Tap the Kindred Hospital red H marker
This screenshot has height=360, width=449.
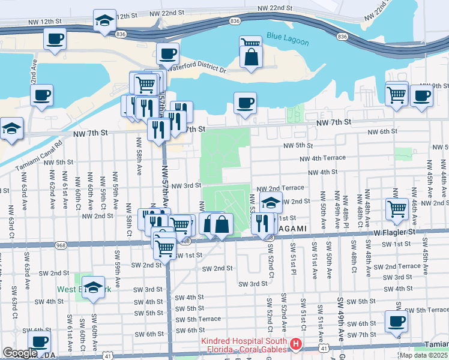click(295, 344)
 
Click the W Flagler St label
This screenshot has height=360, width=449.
click(394, 231)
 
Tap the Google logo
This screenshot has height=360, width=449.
click(20, 353)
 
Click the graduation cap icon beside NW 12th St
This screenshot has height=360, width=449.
click(104, 20)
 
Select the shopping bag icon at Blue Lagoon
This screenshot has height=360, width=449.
click(251, 57)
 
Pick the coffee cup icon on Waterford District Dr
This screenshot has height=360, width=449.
click(167, 53)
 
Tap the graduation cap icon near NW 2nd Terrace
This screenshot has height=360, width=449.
click(271, 203)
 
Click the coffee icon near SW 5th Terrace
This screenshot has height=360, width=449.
click(396, 321)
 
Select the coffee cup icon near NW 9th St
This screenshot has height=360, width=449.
click(421, 95)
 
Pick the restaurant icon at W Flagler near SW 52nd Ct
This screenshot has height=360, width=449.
click(262, 223)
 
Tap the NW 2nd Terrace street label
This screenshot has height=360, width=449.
click(281, 188)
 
